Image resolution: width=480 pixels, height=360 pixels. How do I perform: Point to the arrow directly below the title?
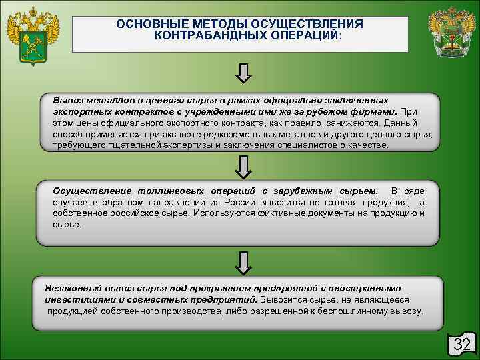tap(243, 75)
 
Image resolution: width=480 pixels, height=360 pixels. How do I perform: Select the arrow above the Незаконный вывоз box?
tap(243, 261)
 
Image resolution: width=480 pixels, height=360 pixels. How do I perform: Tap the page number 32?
tap(462, 344)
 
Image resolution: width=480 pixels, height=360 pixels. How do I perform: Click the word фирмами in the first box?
tap(374, 113)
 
